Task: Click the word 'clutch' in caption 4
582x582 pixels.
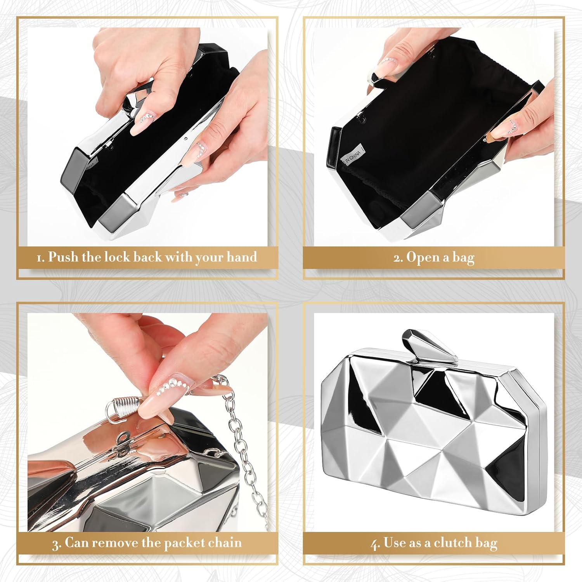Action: (x=452, y=542)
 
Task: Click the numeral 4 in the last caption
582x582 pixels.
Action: (x=375, y=544)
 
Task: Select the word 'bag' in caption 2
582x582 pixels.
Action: (x=463, y=258)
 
